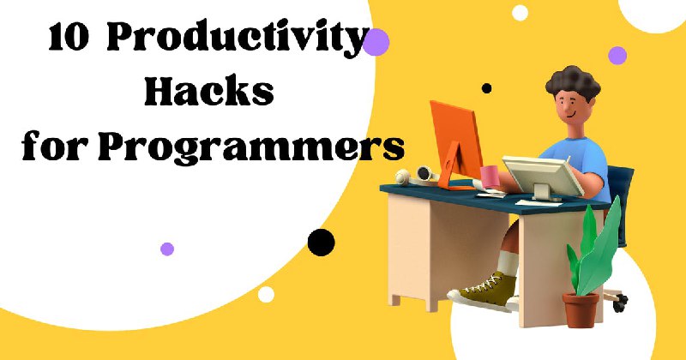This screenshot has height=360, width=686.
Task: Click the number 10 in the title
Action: [69, 37]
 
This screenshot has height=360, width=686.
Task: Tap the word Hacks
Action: [209, 92]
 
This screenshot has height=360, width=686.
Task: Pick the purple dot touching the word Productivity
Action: [376, 42]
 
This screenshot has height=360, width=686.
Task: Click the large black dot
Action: [321, 243]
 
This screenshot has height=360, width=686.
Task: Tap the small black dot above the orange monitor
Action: [486, 88]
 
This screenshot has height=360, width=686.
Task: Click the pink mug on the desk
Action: [490, 176]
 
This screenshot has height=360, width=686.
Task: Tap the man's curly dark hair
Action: [573, 83]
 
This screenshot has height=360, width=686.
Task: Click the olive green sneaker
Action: [484, 291]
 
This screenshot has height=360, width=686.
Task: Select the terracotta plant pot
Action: [581, 309]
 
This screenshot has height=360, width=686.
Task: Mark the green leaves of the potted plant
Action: [595, 249]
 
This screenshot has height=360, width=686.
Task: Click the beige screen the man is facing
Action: [542, 176]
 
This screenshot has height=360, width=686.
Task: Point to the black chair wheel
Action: [620, 303]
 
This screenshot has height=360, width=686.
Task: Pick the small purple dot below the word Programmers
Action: [167, 249]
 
